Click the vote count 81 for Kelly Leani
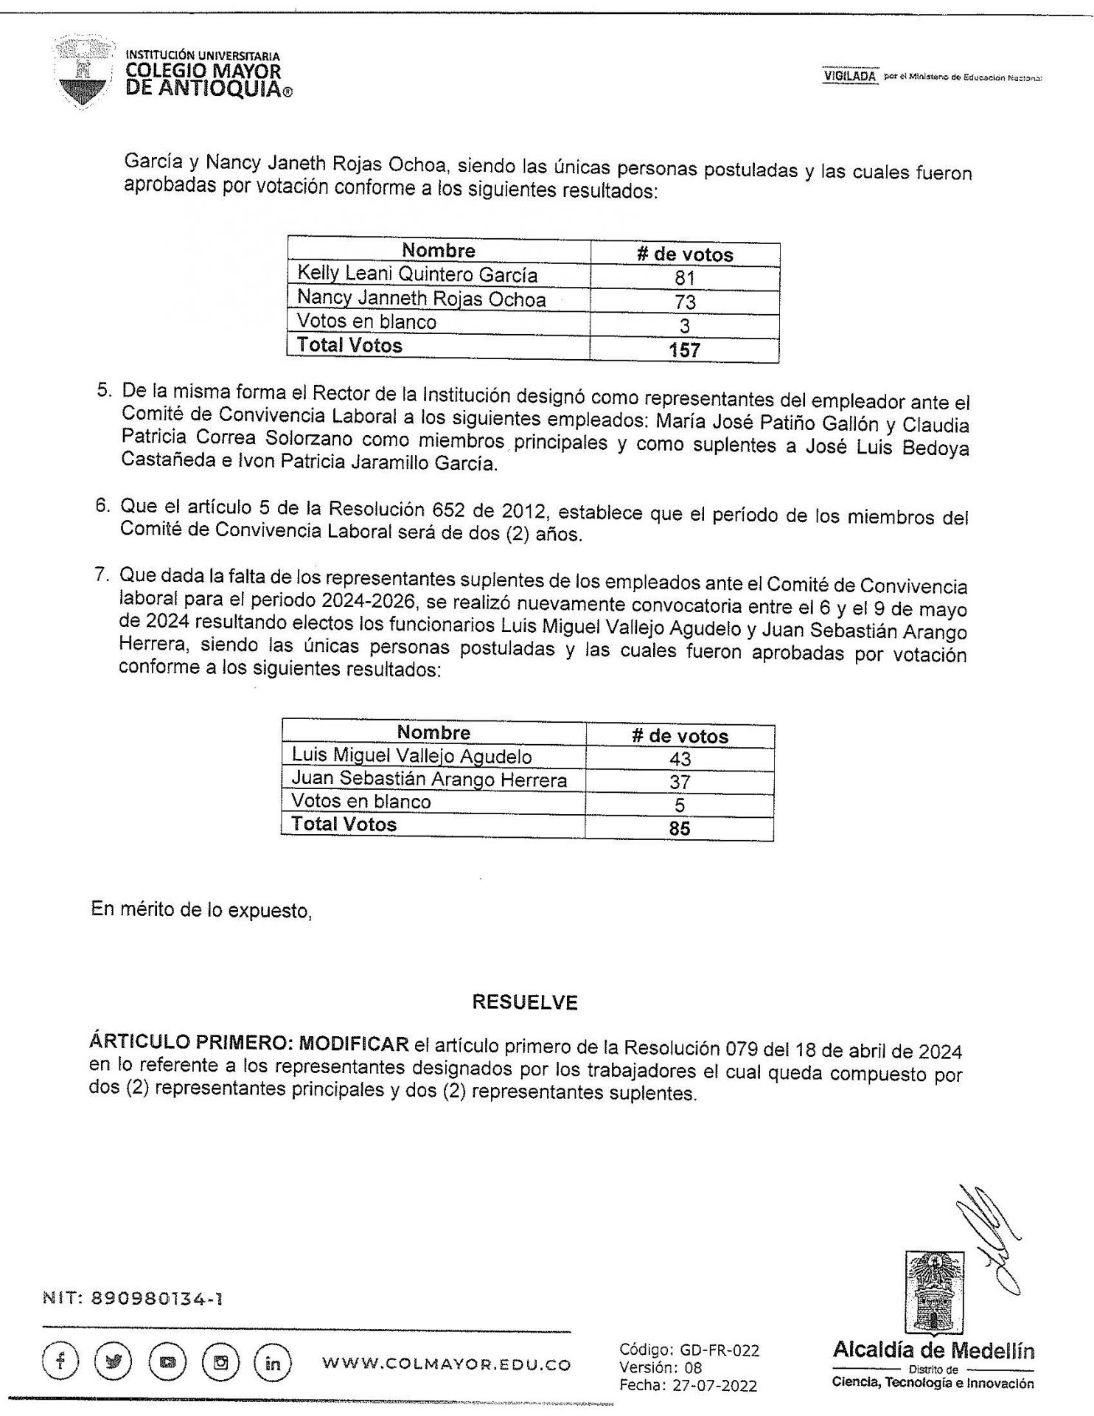[x=684, y=278]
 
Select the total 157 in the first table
[x=684, y=350]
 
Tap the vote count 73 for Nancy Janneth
[x=684, y=302]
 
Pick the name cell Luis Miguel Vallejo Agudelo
[x=411, y=756]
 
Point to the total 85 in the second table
[x=679, y=828]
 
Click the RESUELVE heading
[x=525, y=1002]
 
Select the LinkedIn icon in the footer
[x=272, y=1363]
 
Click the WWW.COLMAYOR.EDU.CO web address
[x=446, y=1364]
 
